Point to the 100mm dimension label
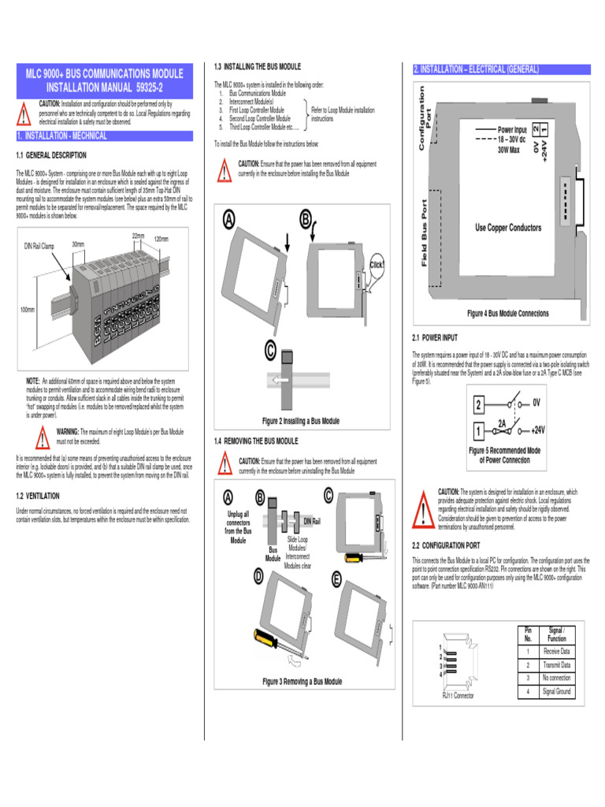click(26, 310)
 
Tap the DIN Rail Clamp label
click(39, 246)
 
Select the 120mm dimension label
click(161, 238)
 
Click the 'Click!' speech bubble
click(377, 264)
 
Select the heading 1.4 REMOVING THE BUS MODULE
click(256, 441)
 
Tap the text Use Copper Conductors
click(508, 228)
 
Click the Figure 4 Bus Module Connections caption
click(507, 314)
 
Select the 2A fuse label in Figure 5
click(502, 422)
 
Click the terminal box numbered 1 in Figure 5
click(477, 431)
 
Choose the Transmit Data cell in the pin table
click(556, 665)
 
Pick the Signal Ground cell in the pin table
click(556, 691)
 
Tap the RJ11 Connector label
click(458, 696)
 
